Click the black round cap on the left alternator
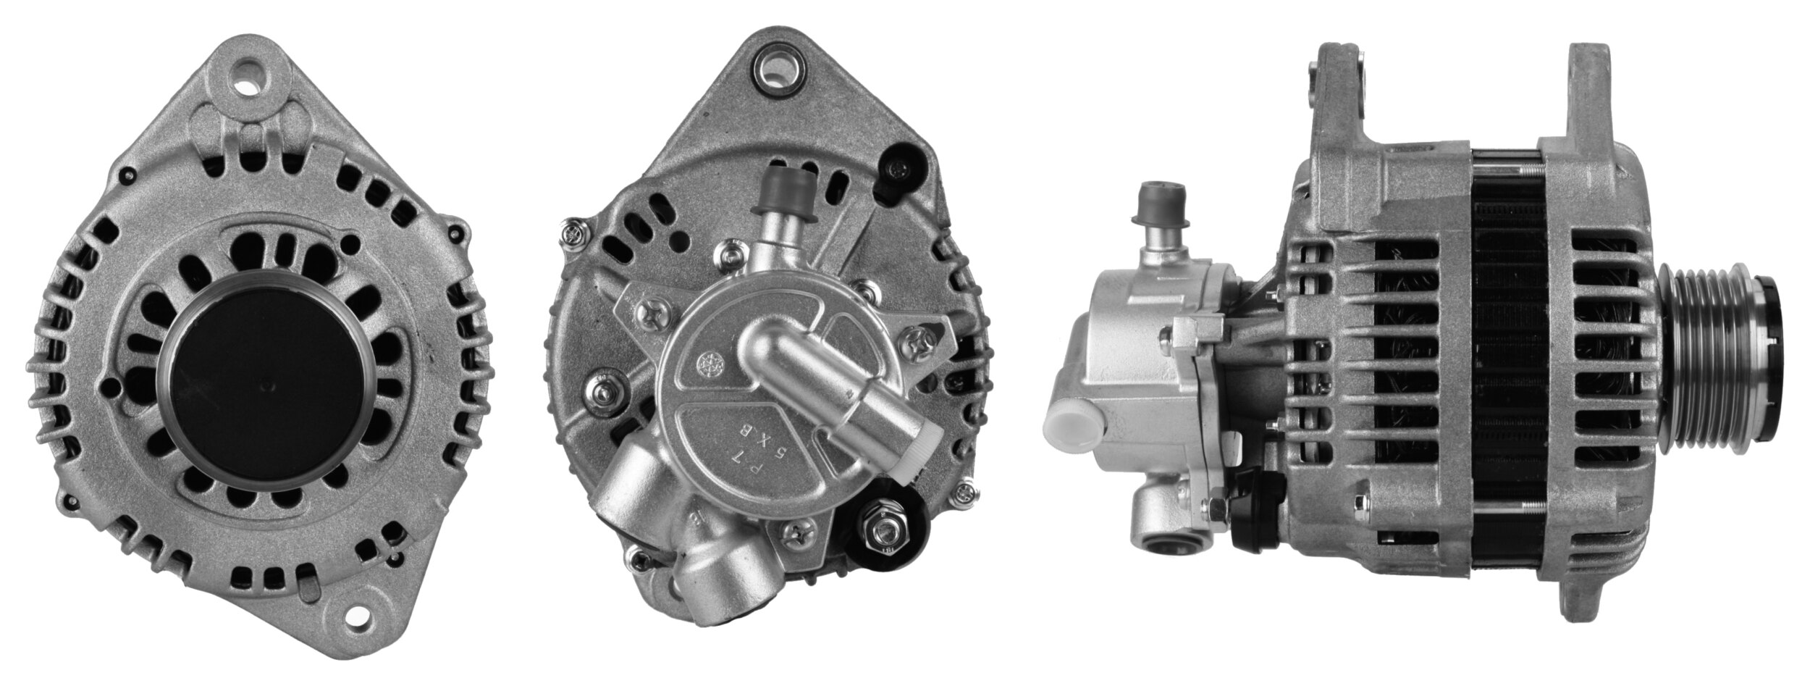click(x=265, y=381)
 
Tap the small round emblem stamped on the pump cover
click(x=704, y=364)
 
